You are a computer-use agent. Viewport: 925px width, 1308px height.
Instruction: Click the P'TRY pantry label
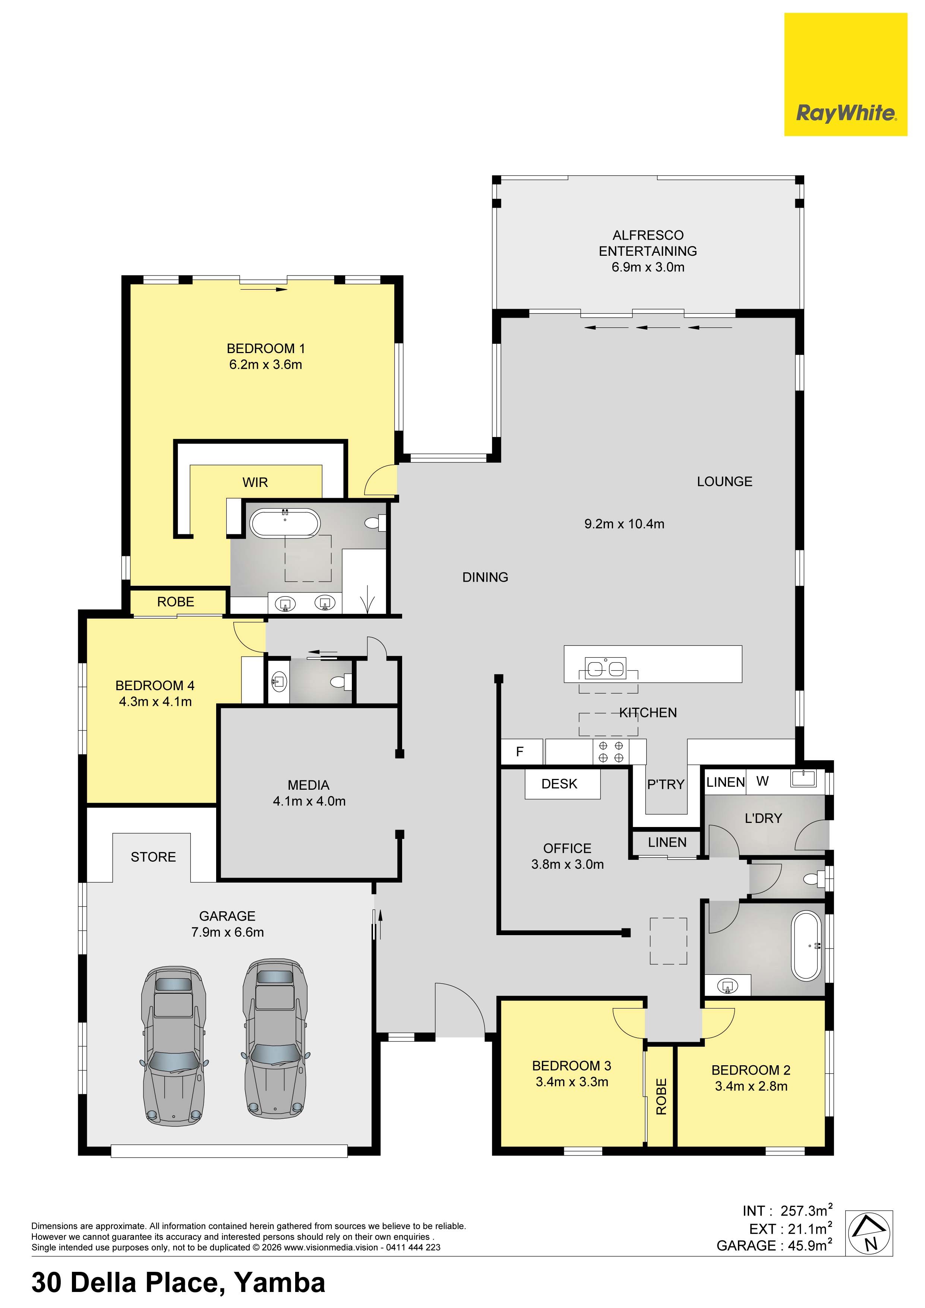pos(665,785)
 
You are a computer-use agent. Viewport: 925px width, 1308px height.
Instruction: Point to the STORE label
pos(153,857)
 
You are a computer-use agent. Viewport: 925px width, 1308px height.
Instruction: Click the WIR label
pos(255,482)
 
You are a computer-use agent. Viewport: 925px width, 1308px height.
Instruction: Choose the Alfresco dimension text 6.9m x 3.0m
pos(648,267)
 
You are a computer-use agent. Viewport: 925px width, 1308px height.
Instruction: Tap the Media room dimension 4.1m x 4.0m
pos(309,801)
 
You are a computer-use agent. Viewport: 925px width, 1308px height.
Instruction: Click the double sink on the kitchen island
pos(605,668)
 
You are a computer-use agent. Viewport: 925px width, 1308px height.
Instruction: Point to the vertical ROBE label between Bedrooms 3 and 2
pos(661,1097)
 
